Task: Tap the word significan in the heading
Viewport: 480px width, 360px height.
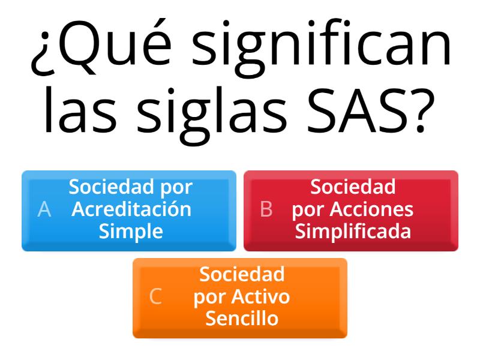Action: [x=322, y=47]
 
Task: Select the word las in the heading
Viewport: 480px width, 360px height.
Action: [x=80, y=110]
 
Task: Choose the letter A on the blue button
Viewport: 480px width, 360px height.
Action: [x=44, y=209]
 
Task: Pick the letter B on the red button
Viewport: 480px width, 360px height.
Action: [x=266, y=209]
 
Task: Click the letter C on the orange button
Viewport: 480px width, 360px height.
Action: [x=155, y=296]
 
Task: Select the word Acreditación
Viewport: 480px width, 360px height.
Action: [x=131, y=209]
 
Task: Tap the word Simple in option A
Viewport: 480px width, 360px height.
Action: [x=131, y=232]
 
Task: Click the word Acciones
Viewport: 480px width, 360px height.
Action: [x=371, y=209]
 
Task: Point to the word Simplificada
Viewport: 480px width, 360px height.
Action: [x=353, y=232]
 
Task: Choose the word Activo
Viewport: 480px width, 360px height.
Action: [x=260, y=296]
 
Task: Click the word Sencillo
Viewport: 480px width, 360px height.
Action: [x=242, y=319]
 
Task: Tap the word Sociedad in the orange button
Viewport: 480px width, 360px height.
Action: [x=242, y=274]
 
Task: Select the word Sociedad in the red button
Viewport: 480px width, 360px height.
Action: [x=353, y=187]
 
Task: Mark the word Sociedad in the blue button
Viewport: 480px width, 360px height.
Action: [x=111, y=187]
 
